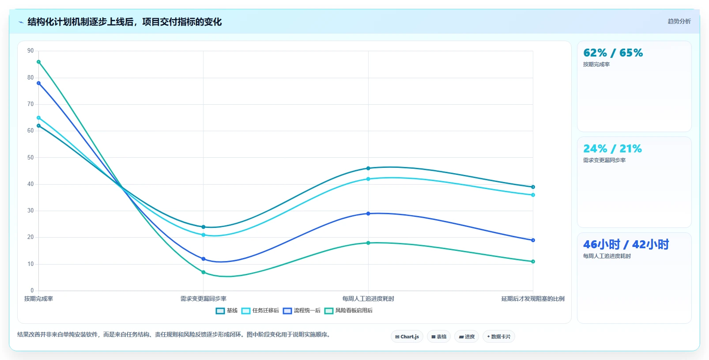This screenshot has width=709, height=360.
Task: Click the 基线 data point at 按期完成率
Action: click(38, 126)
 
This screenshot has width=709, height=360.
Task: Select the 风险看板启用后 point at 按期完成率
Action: click(38, 62)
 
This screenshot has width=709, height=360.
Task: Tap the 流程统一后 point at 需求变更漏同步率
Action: click(204, 259)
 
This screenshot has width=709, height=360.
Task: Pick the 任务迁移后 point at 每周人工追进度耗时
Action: click(368, 179)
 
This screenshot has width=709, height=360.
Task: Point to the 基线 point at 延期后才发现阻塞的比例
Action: click(533, 187)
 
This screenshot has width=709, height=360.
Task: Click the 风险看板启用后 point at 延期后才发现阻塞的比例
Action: click(533, 261)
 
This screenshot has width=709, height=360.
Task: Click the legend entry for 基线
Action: click(226, 311)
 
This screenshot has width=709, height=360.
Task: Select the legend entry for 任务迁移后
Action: click(260, 311)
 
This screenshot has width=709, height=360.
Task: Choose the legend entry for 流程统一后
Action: click(302, 311)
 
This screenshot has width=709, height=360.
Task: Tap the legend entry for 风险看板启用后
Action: click(348, 311)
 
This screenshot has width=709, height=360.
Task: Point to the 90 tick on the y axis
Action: click(30, 51)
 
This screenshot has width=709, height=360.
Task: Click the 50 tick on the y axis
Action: click(30, 157)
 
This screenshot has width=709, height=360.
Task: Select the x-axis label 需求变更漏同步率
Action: click(204, 299)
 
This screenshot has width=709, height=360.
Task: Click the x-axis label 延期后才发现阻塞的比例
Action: click(533, 299)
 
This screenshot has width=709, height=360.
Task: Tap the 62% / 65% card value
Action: click(613, 53)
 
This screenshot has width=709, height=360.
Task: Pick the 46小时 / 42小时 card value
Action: click(626, 244)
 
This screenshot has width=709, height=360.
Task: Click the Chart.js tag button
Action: click(407, 337)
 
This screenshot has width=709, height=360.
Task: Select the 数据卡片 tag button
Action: click(499, 337)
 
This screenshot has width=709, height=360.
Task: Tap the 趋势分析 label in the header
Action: click(679, 21)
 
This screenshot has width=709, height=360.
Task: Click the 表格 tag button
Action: click(439, 337)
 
